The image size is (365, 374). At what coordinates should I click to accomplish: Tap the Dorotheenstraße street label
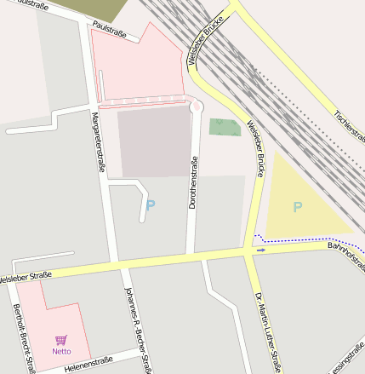tap(193, 183)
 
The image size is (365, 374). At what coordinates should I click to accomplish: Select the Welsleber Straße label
tap(25, 277)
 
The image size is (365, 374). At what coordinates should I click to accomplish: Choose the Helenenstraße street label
tap(88, 361)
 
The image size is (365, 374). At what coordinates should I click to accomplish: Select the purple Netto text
tap(61, 351)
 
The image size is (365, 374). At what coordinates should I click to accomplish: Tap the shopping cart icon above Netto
tap(60, 339)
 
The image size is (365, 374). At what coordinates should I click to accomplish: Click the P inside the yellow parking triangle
tap(298, 207)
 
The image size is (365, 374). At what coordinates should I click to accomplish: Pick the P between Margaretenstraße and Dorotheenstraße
tap(151, 205)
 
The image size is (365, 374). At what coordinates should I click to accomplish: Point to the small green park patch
tap(225, 128)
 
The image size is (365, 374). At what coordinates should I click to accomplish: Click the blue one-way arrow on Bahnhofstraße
tap(261, 250)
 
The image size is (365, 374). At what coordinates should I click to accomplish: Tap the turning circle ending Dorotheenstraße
tap(197, 107)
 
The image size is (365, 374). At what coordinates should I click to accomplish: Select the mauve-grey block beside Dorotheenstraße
tap(154, 141)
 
